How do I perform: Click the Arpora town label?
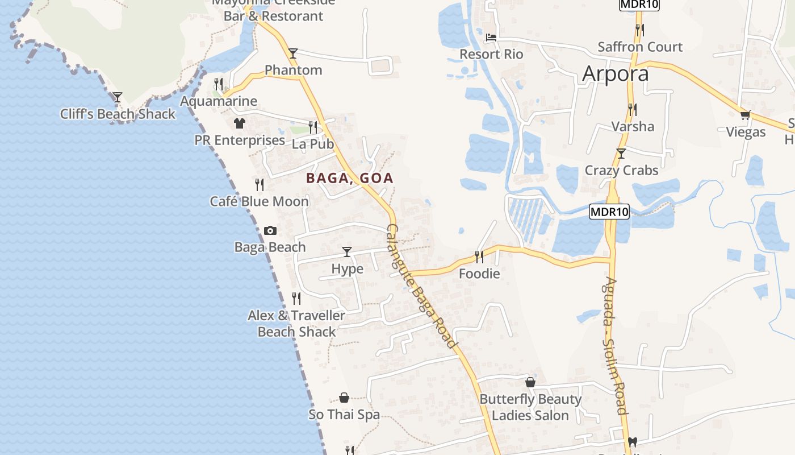[x=616, y=74]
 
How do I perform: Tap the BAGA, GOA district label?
[x=350, y=178]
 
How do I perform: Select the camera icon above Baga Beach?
[x=270, y=230]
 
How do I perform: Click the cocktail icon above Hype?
[x=347, y=251]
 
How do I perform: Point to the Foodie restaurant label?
[x=479, y=274]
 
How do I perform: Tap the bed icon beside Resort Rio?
[x=491, y=38]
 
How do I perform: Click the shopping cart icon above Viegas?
[x=746, y=115]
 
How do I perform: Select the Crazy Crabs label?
[x=621, y=170]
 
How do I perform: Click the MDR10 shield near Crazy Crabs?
[x=609, y=212]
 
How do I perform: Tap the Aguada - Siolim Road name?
[x=616, y=345]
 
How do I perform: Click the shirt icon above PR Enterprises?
[x=239, y=123]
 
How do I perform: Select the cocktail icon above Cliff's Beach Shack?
[x=117, y=97]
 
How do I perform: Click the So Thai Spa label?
[x=344, y=415]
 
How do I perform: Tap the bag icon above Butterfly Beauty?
[x=530, y=382]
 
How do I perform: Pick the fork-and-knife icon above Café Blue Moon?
[x=260, y=184]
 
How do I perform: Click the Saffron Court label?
[x=640, y=47]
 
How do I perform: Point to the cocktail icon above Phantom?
[x=292, y=53]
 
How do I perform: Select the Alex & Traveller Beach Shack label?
[x=296, y=324]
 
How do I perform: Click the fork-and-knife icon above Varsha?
[x=632, y=109]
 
